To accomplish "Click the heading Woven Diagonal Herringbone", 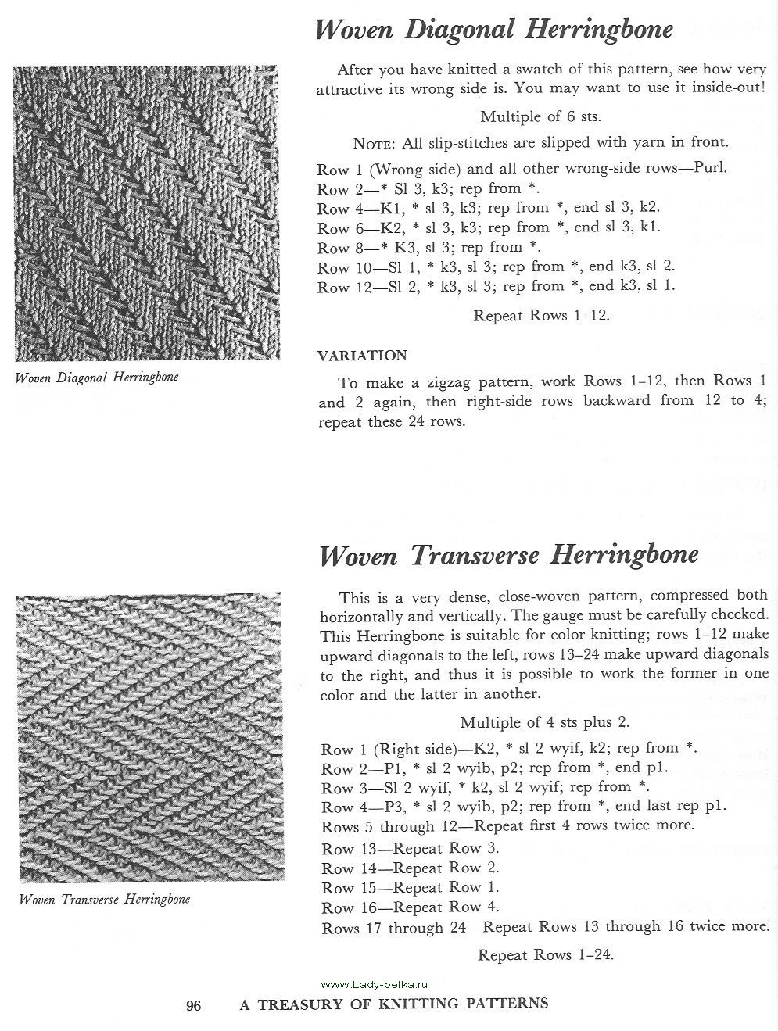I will [493, 30].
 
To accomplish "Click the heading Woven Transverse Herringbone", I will [508, 554].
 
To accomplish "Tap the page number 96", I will [194, 1005].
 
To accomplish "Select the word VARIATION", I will [362, 356].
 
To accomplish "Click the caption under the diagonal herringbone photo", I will [97, 377].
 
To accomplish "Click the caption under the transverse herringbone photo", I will [104, 899].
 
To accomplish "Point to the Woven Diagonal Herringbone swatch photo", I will [145, 213].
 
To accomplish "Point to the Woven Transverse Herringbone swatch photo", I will [148, 739].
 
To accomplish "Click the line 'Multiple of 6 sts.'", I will [540, 117].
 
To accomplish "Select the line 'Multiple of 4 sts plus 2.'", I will [544, 721].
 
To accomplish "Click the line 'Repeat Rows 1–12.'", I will [541, 316].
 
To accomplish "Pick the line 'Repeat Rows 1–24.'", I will [545, 954].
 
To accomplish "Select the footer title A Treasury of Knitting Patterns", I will [393, 1004].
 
